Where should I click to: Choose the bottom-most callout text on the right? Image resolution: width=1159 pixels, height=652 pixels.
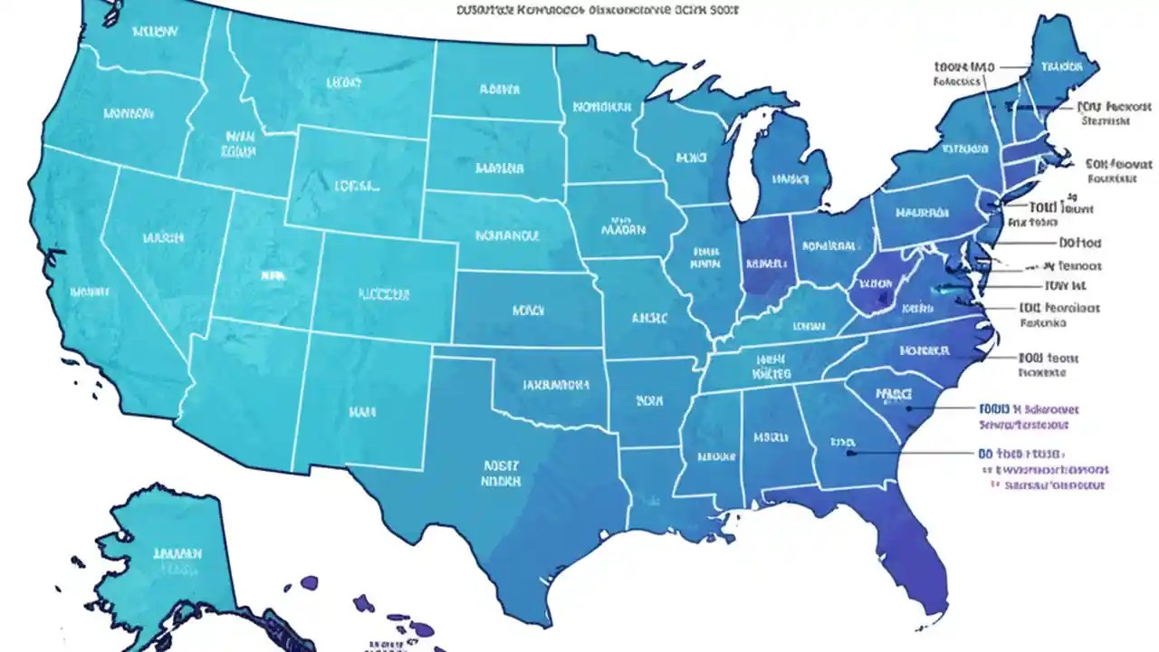[x=1050, y=485]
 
